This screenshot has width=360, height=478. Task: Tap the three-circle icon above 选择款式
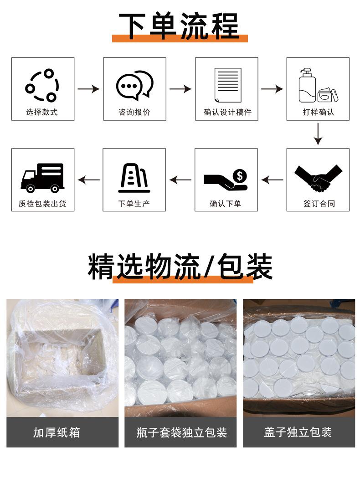pos(42,86)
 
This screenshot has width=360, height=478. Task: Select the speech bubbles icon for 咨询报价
pos(134,85)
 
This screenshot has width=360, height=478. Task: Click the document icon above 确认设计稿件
pos(227,85)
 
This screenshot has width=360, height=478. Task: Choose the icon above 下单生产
pos(134,177)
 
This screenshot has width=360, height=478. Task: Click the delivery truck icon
pos(42,177)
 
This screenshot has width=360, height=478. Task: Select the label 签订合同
pos(319,204)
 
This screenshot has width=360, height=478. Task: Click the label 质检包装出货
pos(42,204)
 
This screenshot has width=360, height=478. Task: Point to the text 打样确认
pos(318,112)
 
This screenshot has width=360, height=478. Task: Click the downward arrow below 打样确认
pos(318,134)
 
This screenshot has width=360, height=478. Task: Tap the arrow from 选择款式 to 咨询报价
pos(88,89)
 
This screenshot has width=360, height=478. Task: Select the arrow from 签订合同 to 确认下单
pos(272,180)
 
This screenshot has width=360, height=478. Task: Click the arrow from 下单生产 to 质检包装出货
pos(88,180)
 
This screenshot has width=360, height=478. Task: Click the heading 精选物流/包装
pos(180,267)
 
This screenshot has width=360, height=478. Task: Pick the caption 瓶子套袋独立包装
pos(181,432)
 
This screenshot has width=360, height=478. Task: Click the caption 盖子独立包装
pos(298,432)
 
